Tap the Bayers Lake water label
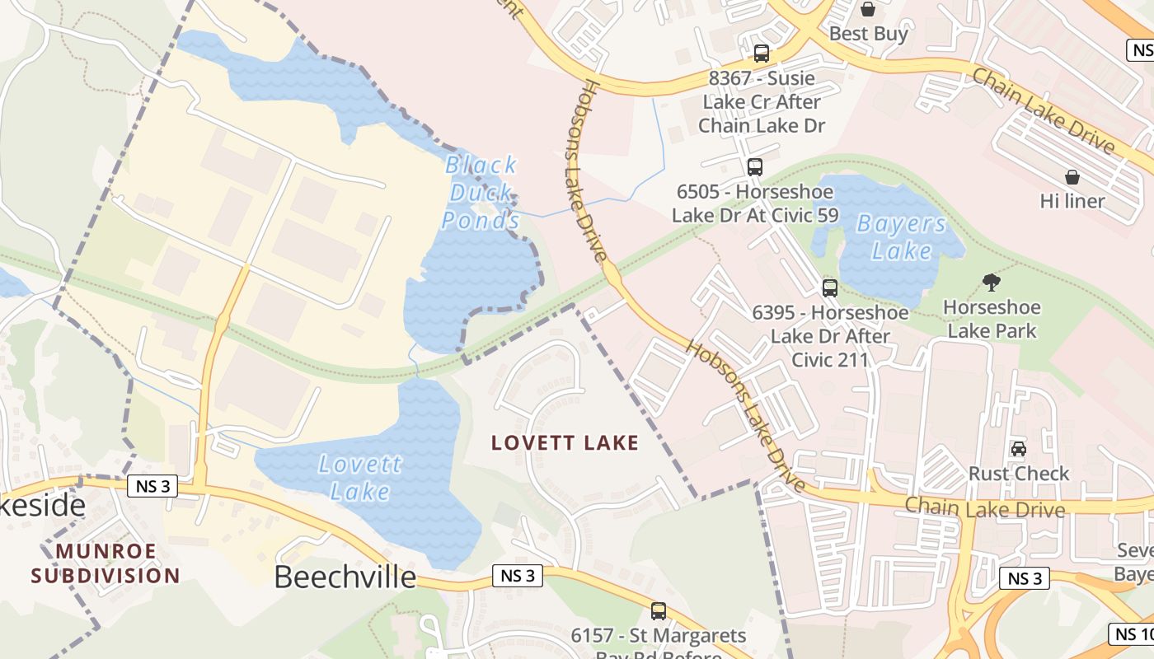pyautogui.click(x=901, y=236)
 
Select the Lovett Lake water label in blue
pyautogui.click(x=360, y=478)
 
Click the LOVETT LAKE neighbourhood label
pyautogui.click(x=565, y=443)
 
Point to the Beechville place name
pyautogui.click(x=345, y=577)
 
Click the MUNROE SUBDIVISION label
pyautogui.click(x=106, y=563)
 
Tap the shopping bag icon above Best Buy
pyautogui.click(x=867, y=9)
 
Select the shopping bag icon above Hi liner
pyautogui.click(x=1072, y=177)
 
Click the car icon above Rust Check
pyautogui.click(x=1019, y=449)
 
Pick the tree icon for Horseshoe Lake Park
pyautogui.click(x=992, y=283)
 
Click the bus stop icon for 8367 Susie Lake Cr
pyautogui.click(x=762, y=54)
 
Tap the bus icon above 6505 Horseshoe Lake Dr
pyautogui.click(x=754, y=167)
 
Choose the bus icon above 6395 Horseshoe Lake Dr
pyautogui.click(x=830, y=288)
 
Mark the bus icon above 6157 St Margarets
pyautogui.click(x=658, y=611)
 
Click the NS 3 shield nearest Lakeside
pyautogui.click(x=153, y=486)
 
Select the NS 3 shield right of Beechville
pyautogui.click(x=518, y=576)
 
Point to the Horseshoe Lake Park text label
pyautogui.click(x=992, y=320)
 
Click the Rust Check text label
pyautogui.click(x=1019, y=474)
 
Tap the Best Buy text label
pyautogui.click(x=868, y=34)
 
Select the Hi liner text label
pyautogui.click(x=1072, y=201)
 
